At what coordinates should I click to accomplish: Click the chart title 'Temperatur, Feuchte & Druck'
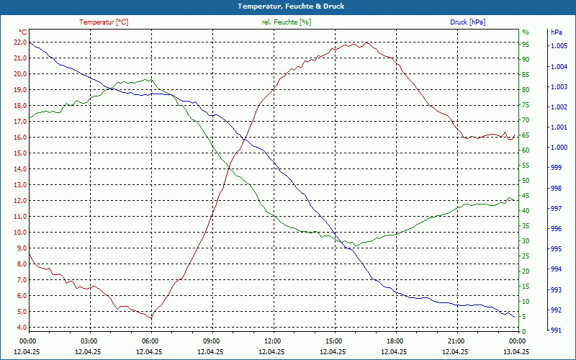[287, 6]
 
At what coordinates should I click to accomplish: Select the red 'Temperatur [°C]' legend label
[104, 22]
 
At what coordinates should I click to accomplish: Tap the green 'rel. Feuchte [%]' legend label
[287, 22]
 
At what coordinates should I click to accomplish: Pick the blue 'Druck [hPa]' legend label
[467, 22]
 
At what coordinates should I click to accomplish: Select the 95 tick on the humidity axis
[526, 44]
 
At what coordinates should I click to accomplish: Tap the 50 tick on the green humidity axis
[526, 180]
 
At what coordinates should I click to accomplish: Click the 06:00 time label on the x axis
[150, 341]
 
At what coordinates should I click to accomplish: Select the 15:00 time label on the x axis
[334, 341]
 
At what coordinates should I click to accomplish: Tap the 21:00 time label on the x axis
[456, 341]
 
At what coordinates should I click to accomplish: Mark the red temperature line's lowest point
[151, 318]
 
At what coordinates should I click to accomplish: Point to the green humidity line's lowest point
[354, 246]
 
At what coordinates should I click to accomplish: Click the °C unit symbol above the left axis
[23, 32]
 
